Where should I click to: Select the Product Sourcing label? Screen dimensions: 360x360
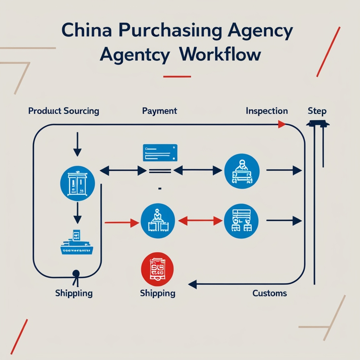[x=63, y=111]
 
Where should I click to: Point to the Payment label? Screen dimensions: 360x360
[x=160, y=111]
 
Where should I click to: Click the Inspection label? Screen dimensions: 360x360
[x=266, y=111]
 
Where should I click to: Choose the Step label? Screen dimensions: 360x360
[x=317, y=111]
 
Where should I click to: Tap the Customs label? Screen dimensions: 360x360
[x=270, y=293]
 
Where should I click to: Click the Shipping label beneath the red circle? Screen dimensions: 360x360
[x=157, y=293]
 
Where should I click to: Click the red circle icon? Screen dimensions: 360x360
[x=157, y=268]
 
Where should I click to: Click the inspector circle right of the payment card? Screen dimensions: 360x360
[x=242, y=171]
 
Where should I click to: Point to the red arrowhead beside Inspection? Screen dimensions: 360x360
[x=282, y=125]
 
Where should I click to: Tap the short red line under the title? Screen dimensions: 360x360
[x=177, y=76]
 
